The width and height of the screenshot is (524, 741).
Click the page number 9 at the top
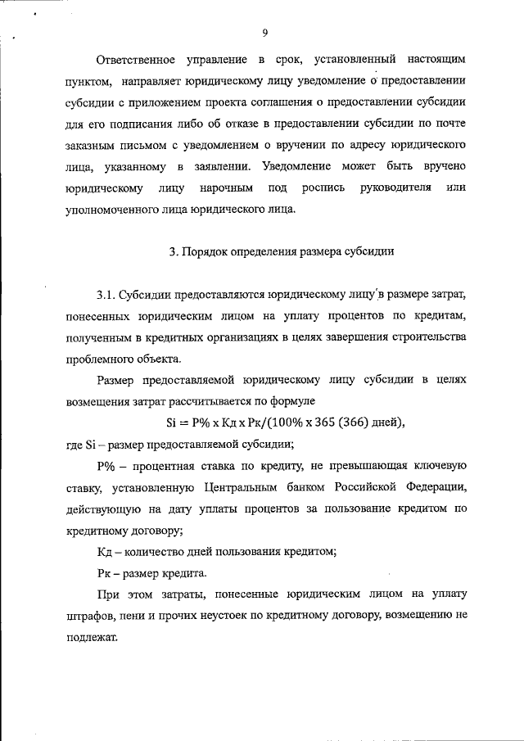tap(265, 33)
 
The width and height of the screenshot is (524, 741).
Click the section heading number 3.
tap(173, 252)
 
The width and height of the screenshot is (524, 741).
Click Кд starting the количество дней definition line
tap(103, 551)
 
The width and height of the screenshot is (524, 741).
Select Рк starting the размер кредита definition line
tap(103, 572)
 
